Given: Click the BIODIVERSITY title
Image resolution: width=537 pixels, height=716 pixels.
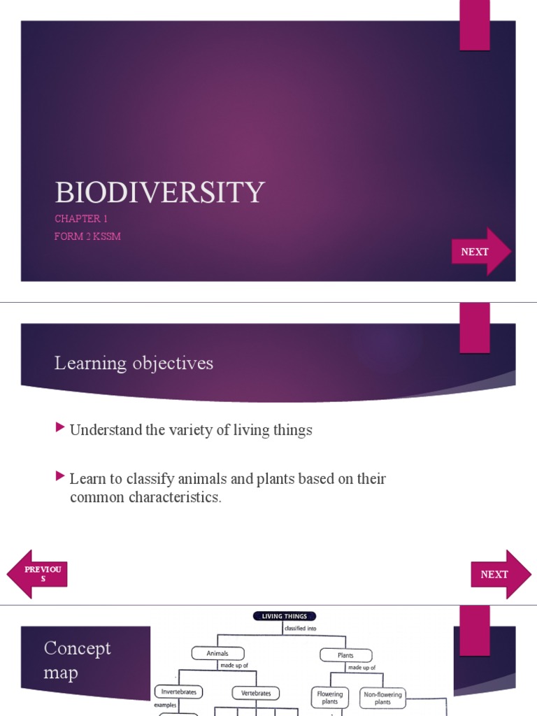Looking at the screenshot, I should pyautogui.click(x=159, y=192).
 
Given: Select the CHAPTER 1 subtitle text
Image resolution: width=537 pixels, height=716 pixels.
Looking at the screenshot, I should pyautogui.click(x=81, y=219).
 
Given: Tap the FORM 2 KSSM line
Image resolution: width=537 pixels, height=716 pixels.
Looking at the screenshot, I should pyautogui.click(x=87, y=236).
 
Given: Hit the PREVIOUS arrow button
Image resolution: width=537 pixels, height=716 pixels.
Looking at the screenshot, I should pyautogui.click(x=38, y=574).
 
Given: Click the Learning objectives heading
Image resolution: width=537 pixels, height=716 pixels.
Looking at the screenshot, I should pyautogui.click(x=134, y=364).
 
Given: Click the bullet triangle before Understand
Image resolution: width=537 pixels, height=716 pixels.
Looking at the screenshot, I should pyautogui.click(x=60, y=428).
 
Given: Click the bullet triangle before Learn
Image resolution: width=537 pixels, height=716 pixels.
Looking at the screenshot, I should pyautogui.click(x=60, y=477).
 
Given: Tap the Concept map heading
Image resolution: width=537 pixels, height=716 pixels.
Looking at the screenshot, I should pyautogui.click(x=77, y=660).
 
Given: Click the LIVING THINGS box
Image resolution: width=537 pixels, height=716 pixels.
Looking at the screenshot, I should pyautogui.click(x=285, y=616).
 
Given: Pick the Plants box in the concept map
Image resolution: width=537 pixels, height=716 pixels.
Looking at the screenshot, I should pyautogui.click(x=345, y=655).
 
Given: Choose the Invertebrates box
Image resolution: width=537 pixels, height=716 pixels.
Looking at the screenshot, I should pyautogui.click(x=178, y=692).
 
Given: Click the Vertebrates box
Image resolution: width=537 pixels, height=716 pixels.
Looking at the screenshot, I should pyautogui.click(x=256, y=693).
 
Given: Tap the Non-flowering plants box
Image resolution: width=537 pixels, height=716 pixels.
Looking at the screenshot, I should pyautogui.click(x=382, y=698).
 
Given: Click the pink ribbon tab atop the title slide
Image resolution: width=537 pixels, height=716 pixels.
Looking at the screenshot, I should pyautogui.click(x=474, y=25).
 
